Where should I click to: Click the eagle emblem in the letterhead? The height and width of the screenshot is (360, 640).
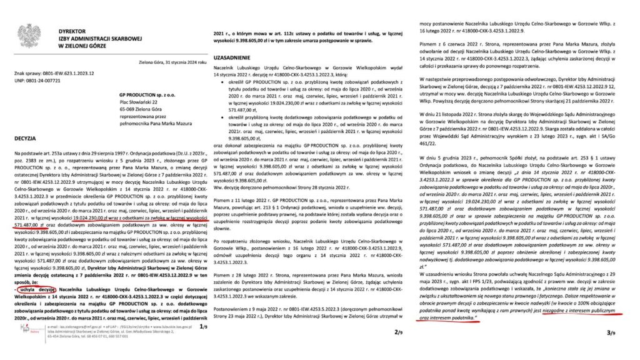click(28, 36)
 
